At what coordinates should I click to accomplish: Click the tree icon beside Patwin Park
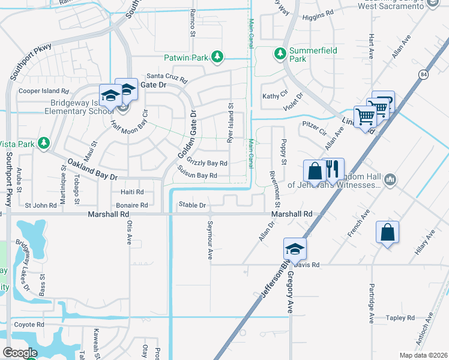click(217, 58)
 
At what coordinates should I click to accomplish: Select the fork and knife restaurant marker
click(333, 169)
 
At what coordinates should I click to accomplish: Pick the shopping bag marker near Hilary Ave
click(387, 232)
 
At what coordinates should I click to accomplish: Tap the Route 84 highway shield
click(424, 74)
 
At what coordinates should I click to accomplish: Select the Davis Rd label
click(307, 264)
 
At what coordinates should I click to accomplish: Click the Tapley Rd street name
click(401, 317)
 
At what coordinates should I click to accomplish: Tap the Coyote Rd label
click(29, 325)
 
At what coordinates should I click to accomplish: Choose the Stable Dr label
click(193, 205)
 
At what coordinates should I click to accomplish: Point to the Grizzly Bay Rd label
click(207, 163)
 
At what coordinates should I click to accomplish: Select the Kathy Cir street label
click(275, 96)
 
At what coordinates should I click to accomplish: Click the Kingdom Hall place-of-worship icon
click(390, 179)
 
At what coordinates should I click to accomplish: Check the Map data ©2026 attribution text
click(423, 355)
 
